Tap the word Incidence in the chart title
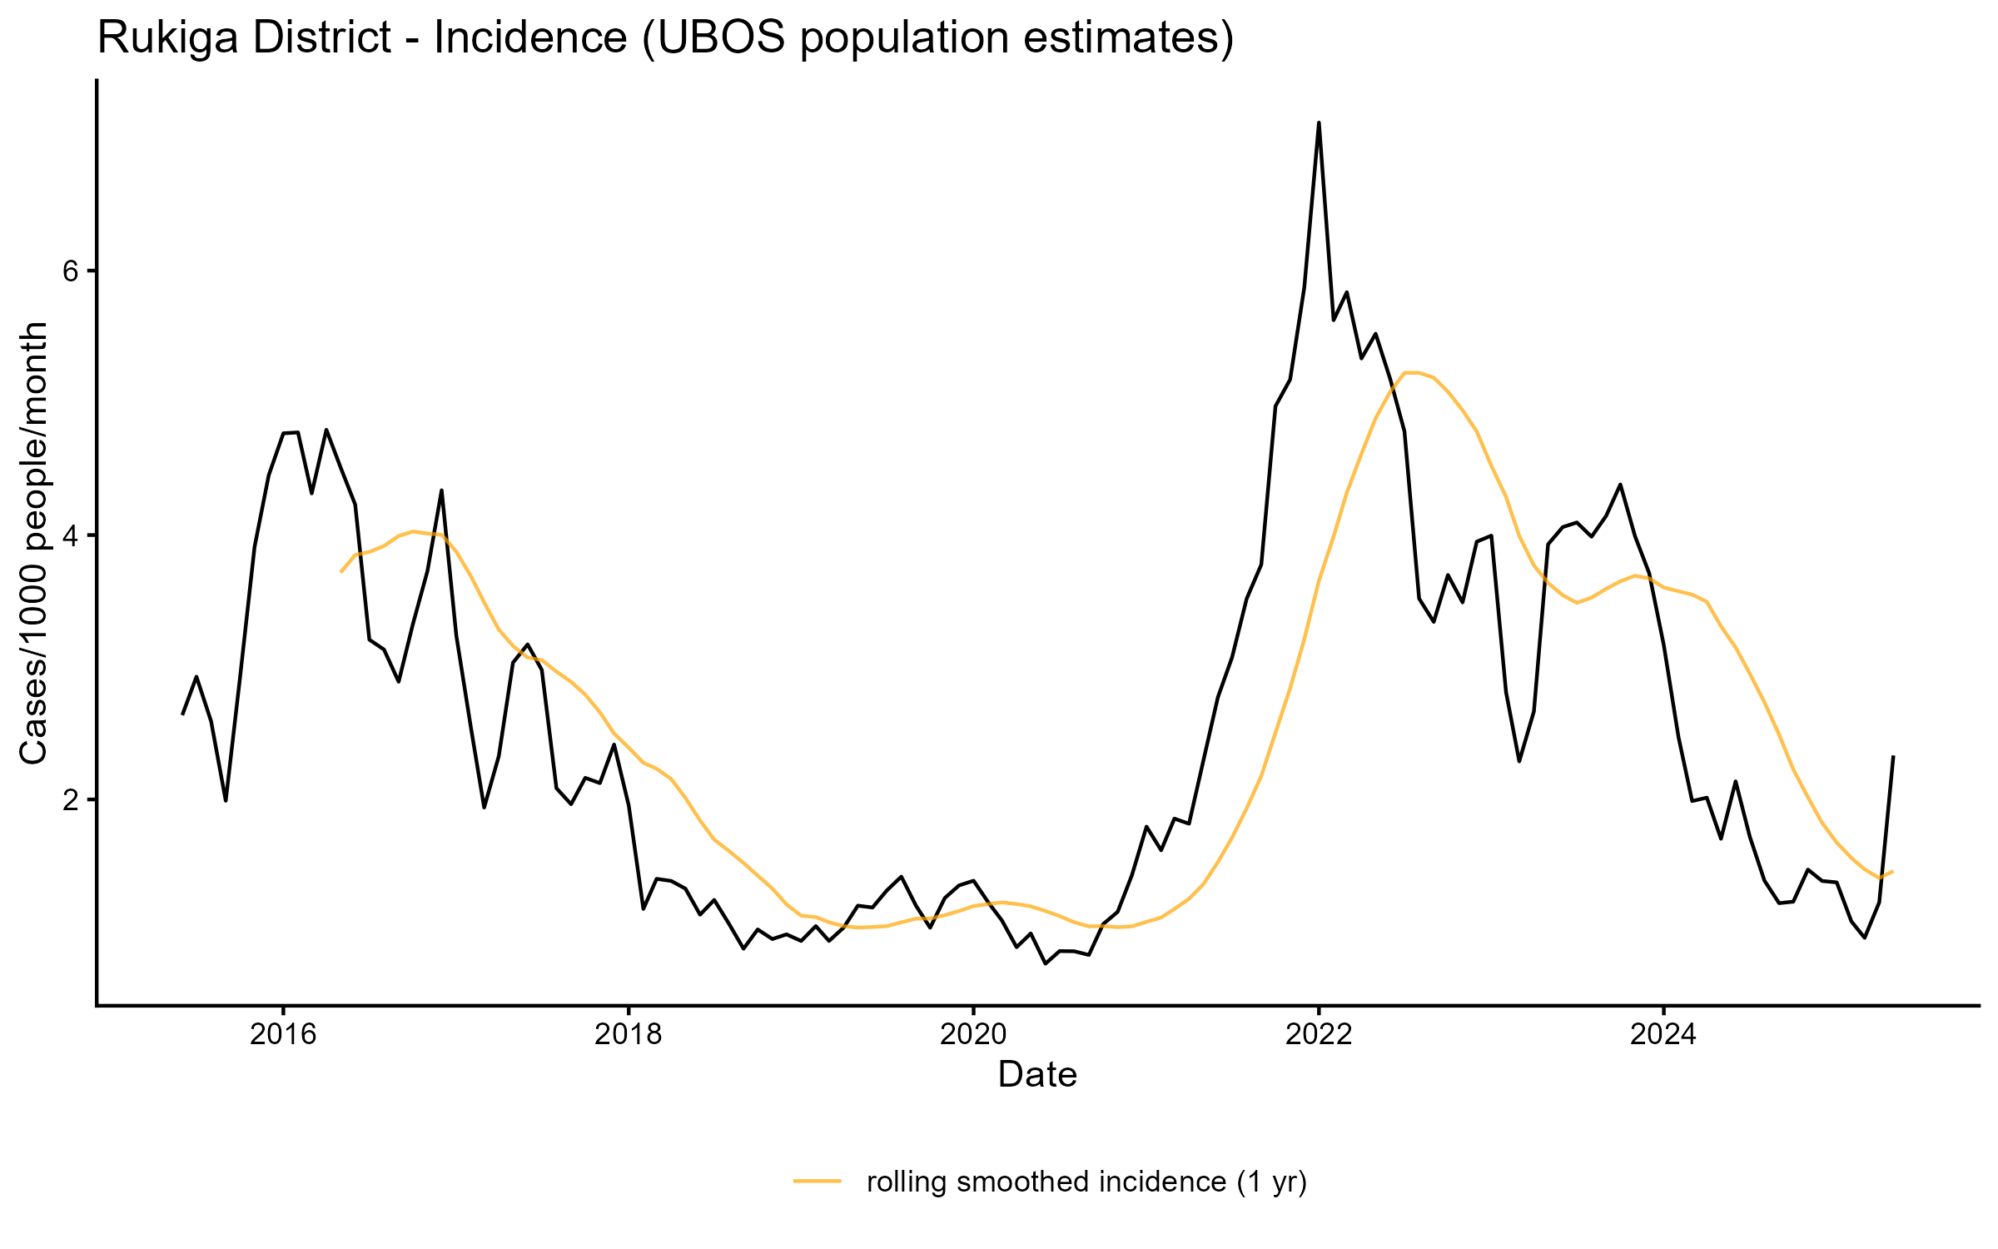coord(529,38)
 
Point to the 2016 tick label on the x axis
coord(283,1034)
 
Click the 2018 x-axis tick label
coord(629,1034)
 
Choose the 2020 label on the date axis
coord(973,1034)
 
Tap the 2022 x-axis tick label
coord(1319,1034)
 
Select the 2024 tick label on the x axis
coord(1663,1034)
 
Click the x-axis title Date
coord(1037,1075)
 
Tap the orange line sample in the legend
coord(818,1181)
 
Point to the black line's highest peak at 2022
coord(1319,123)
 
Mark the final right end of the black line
coord(1893,757)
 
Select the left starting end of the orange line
coord(341,571)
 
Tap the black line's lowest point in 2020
coord(1046,963)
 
